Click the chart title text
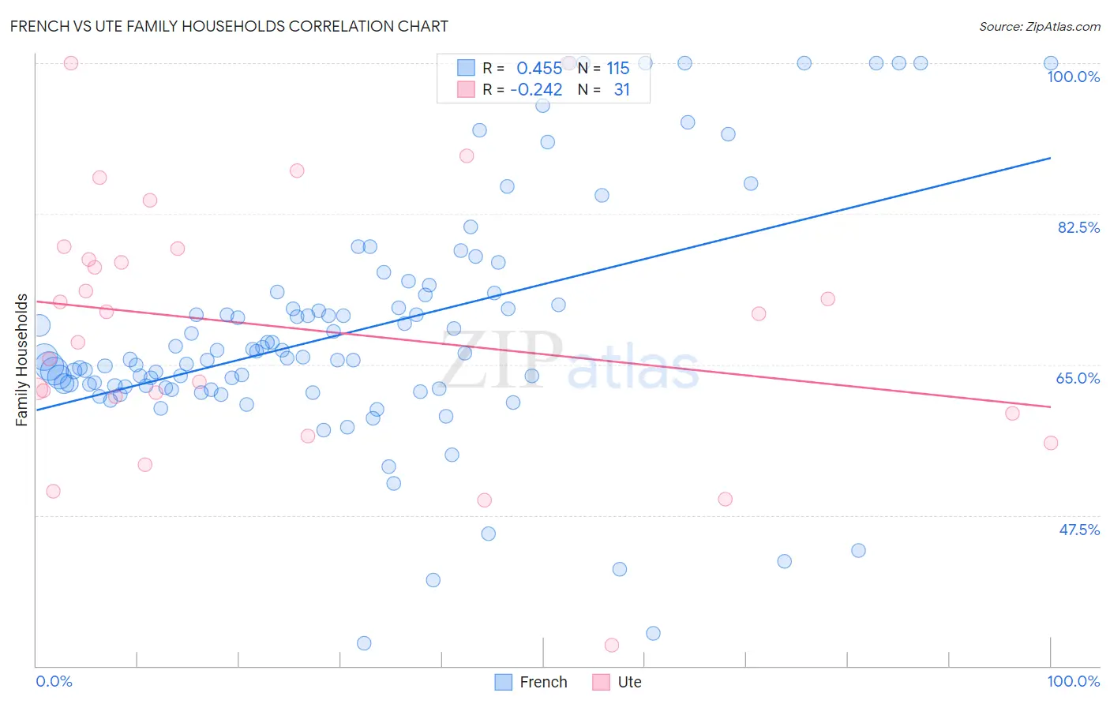point(229,26)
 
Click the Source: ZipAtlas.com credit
point(1039,26)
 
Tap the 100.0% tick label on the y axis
point(1073,77)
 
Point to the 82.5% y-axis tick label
point(1078,227)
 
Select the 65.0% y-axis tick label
point(1078,378)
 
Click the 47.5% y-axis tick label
point(1078,530)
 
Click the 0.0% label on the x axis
point(54,681)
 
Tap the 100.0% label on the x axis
point(1073,681)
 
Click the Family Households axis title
point(22,360)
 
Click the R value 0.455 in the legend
point(539,68)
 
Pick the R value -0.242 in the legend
point(536,89)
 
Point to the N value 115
point(617,68)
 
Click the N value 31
point(621,89)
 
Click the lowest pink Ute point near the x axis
point(611,646)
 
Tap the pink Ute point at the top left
point(70,63)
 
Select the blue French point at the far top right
point(1050,63)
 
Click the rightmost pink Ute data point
point(1050,443)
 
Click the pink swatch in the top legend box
point(466,89)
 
